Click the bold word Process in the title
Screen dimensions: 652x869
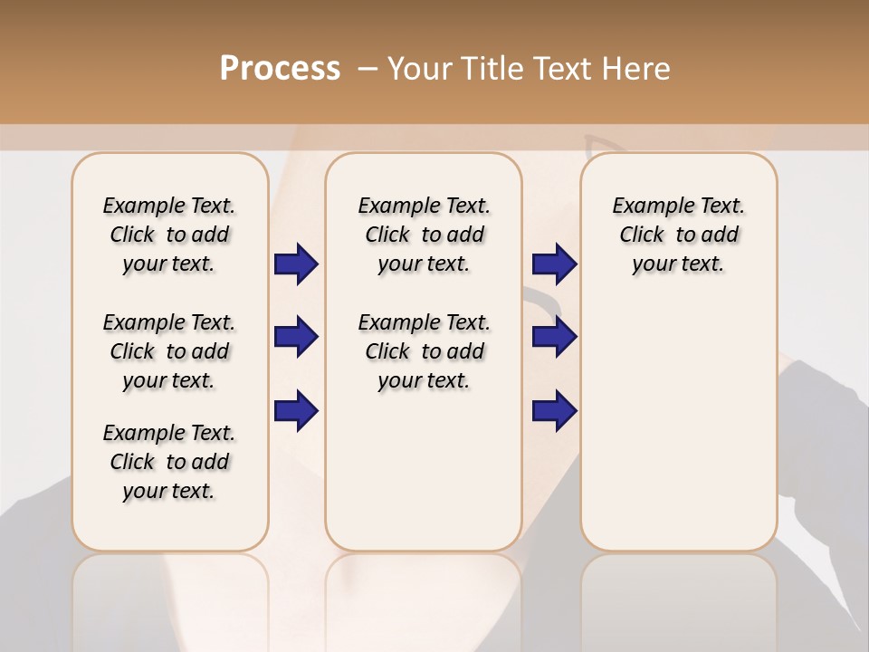(x=280, y=69)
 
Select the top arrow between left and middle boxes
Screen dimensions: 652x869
(x=296, y=264)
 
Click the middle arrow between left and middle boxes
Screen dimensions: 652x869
(x=296, y=337)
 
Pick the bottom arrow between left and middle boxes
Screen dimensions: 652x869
(x=296, y=410)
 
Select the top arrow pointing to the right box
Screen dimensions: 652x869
(x=554, y=264)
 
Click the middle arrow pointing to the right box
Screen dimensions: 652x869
(x=554, y=337)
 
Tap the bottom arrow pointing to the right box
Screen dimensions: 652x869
(x=554, y=410)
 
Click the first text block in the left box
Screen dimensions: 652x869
(x=169, y=235)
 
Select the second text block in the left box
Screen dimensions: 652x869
(x=169, y=351)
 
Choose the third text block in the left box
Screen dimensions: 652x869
(x=169, y=462)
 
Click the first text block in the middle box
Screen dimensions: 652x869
(x=424, y=235)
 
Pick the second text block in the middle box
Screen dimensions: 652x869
(x=424, y=351)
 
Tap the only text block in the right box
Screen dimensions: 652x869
(x=678, y=235)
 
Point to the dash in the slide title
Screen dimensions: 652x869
(x=368, y=69)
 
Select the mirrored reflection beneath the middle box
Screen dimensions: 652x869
(x=424, y=598)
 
